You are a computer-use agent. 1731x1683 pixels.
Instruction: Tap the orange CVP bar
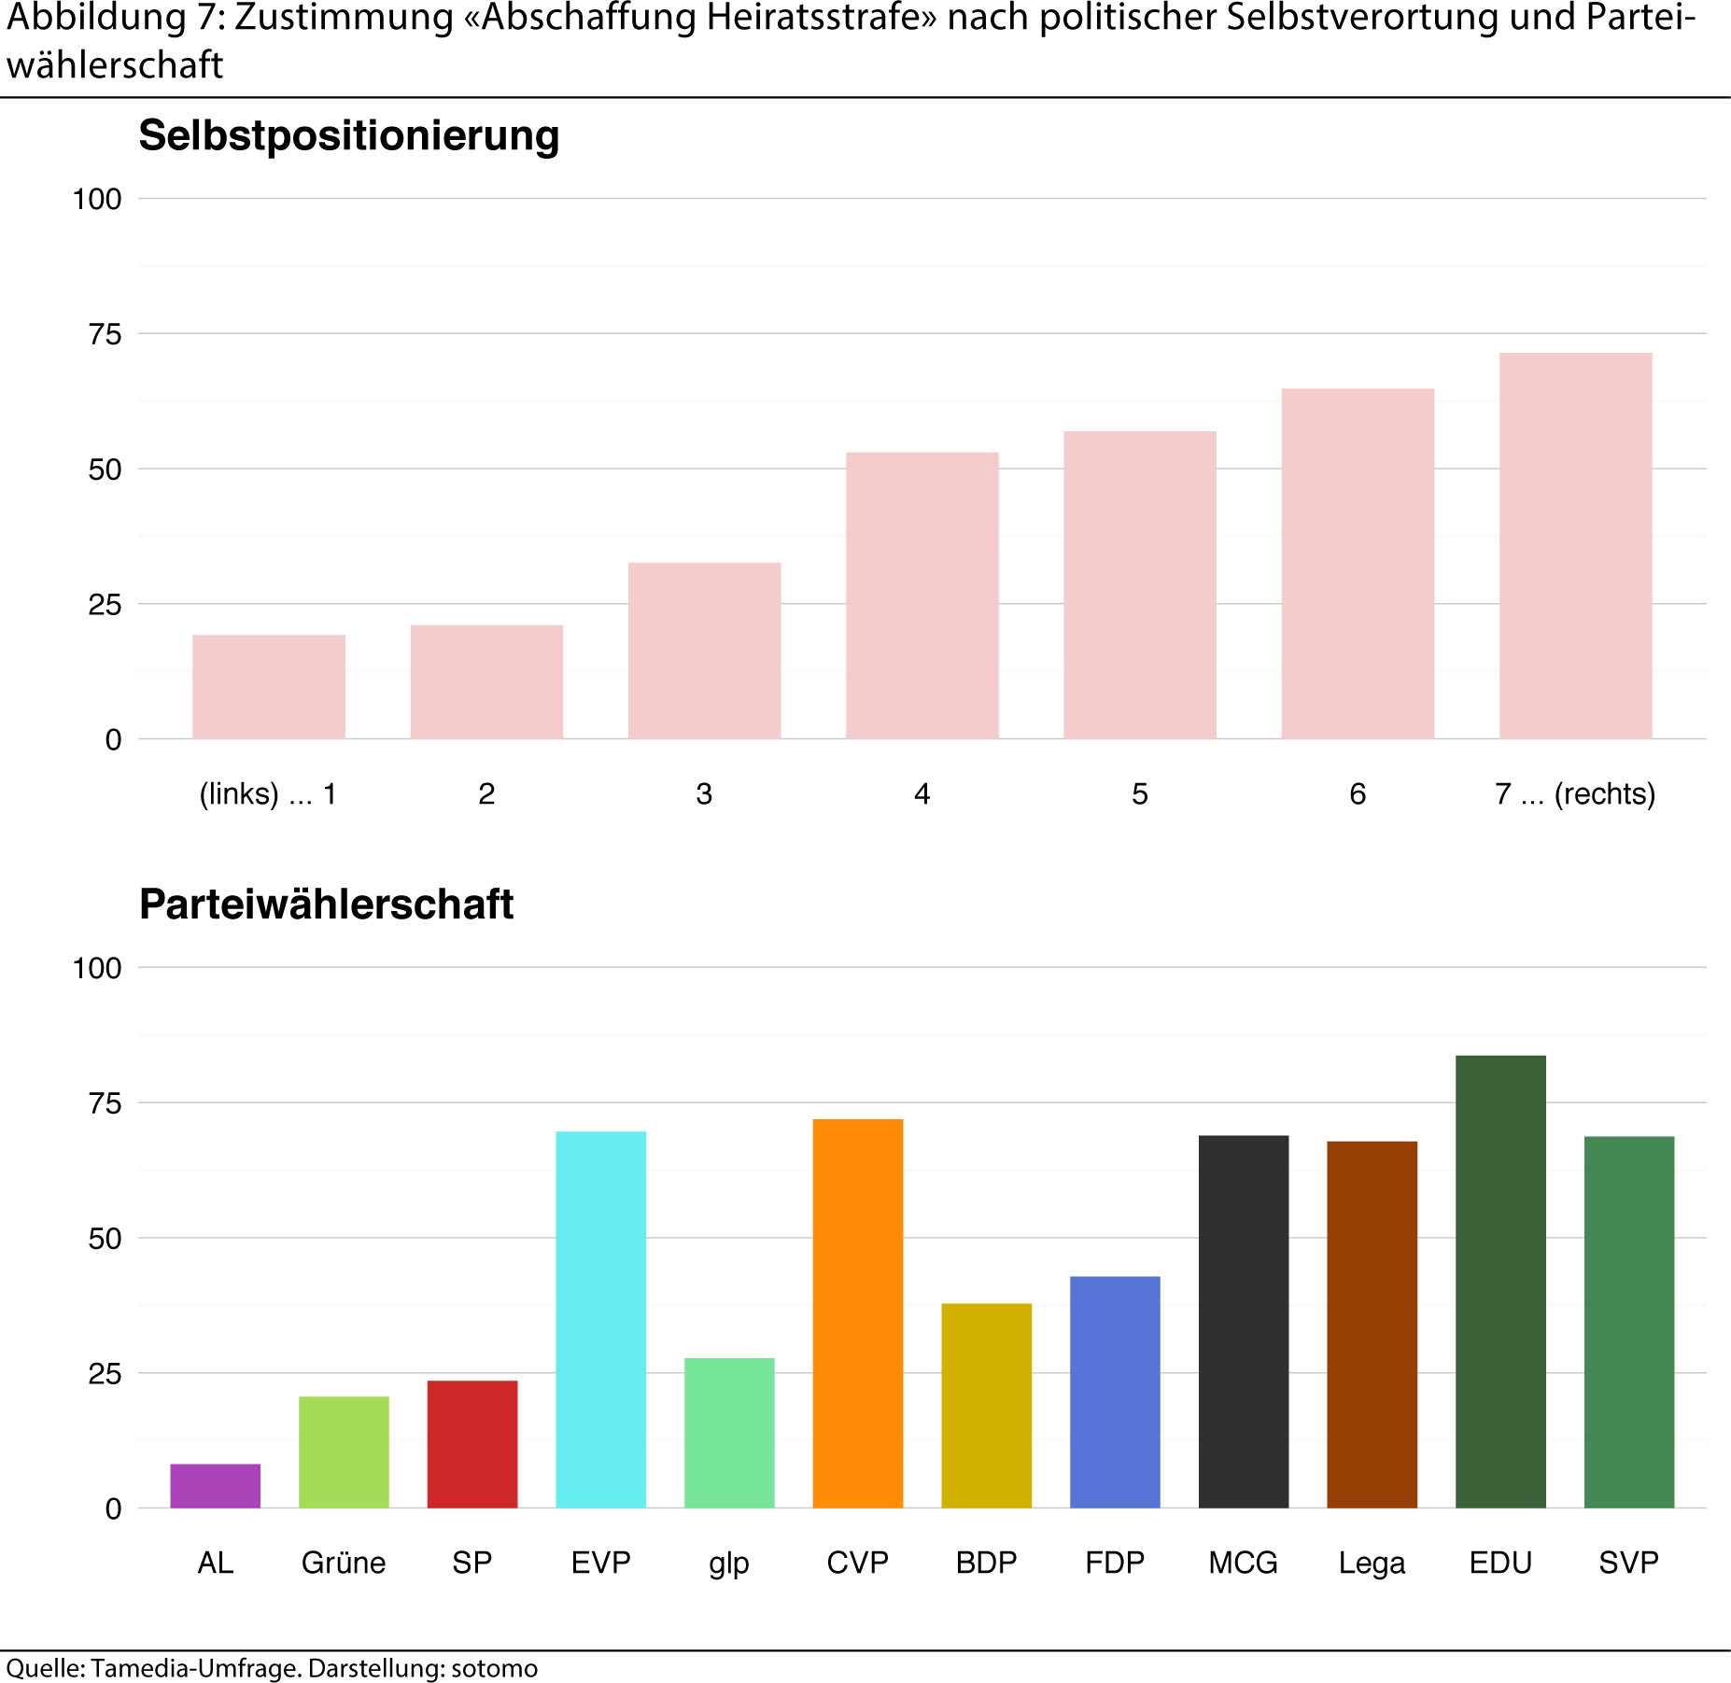[x=857, y=1312]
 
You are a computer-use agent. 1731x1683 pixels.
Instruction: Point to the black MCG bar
[x=1243, y=1321]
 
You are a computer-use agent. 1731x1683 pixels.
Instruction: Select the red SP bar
[x=471, y=1443]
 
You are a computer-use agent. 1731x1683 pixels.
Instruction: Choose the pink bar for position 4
[x=922, y=596]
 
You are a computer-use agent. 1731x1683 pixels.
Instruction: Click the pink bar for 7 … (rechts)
[x=1575, y=546]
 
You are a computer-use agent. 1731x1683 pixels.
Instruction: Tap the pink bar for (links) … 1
[x=269, y=687]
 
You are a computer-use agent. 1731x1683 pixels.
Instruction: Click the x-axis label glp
[x=728, y=1564]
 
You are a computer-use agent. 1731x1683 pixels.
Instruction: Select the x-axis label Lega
[x=1371, y=1563]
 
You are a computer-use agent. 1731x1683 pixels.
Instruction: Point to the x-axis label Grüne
[x=343, y=1563]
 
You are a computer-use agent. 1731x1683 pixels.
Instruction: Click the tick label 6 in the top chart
[x=1357, y=794]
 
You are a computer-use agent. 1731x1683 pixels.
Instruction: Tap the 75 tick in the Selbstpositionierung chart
[x=105, y=334]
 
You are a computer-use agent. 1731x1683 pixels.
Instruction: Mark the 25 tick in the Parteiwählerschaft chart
[x=105, y=1374]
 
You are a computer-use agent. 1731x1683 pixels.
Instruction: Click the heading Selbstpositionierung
[x=348, y=135]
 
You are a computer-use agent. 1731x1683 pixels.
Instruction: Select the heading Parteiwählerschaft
[x=326, y=905]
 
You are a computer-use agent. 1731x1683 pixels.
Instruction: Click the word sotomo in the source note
[x=494, y=1668]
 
